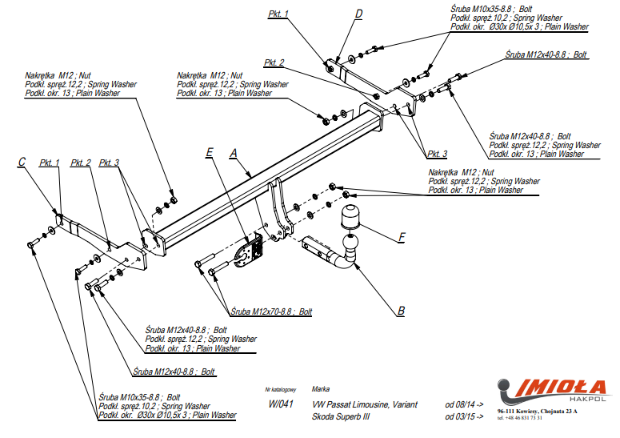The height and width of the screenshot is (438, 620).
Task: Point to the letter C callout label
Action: (x=22, y=163)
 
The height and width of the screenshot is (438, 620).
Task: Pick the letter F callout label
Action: (x=402, y=238)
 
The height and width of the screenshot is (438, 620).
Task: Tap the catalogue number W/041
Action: (x=279, y=405)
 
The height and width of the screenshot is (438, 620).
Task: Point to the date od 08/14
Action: (x=464, y=405)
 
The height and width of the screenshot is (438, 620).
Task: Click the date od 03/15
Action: (x=464, y=417)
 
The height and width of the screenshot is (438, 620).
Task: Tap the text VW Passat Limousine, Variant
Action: (x=365, y=405)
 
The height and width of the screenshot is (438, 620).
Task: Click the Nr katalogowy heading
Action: (x=280, y=389)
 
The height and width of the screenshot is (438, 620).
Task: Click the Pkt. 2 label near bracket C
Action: (x=80, y=163)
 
